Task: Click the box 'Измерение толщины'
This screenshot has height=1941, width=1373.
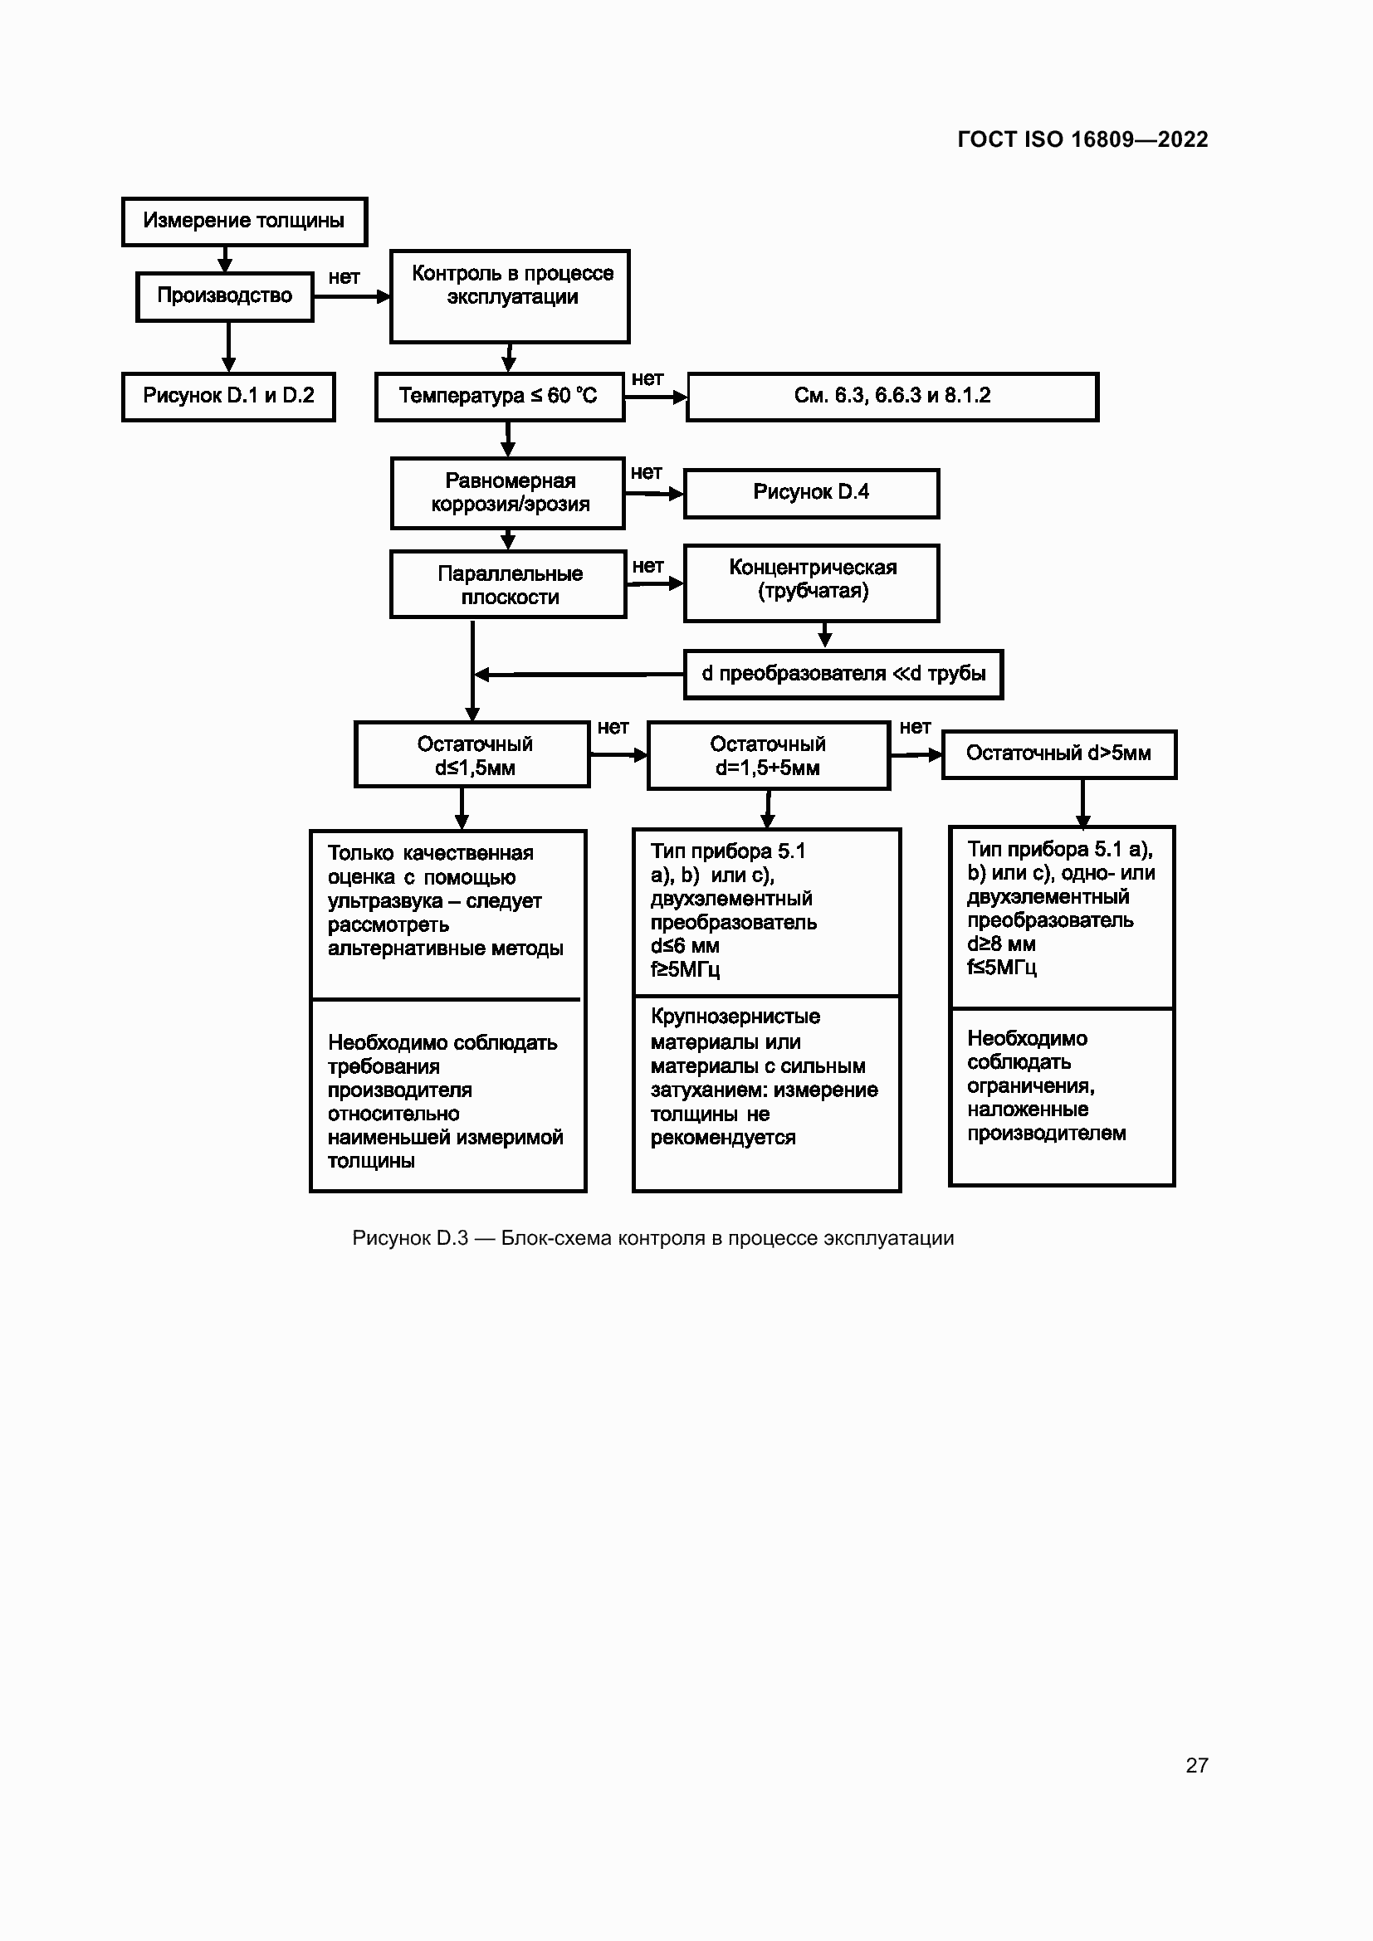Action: [x=244, y=222]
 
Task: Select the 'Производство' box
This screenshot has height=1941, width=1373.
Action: [x=225, y=296]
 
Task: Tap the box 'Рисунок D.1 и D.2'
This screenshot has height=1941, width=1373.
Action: [x=228, y=397]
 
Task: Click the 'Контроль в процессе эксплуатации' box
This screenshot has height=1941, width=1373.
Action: [x=510, y=296]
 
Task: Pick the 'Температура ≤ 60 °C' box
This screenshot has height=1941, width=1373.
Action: [x=500, y=397]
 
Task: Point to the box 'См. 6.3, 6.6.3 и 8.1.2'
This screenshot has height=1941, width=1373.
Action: [x=893, y=397]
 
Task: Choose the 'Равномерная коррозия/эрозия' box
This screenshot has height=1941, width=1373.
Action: [x=507, y=493]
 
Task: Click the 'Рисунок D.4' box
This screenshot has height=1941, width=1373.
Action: [x=812, y=493]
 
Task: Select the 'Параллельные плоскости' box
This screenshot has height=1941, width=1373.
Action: [x=508, y=584]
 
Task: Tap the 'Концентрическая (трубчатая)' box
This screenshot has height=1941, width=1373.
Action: [x=812, y=583]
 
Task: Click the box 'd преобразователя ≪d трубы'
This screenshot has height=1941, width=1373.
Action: [x=843, y=674]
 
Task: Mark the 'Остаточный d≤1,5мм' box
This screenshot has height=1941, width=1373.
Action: [x=472, y=754]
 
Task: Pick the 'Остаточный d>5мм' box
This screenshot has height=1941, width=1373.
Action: [x=1059, y=754]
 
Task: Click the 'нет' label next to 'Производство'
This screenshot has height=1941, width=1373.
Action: [x=344, y=277]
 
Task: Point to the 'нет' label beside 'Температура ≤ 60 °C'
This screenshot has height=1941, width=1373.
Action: [x=647, y=378]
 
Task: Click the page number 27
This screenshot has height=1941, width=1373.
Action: [x=1197, y=1764]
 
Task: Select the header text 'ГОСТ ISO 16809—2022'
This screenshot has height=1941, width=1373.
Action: [x=1083, y=139]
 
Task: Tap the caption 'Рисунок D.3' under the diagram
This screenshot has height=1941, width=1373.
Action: [x=410, y=1238]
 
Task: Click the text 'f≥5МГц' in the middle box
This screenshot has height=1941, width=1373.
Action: [x=685, y=969]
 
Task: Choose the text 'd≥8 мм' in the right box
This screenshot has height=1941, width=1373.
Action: [x=1001, y=944]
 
